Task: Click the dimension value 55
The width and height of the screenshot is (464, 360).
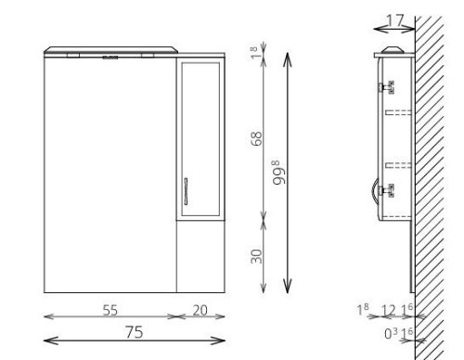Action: pos(110,310)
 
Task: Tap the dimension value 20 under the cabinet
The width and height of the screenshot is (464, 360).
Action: pos(200,310)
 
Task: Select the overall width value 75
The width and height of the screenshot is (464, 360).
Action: pos(135,332)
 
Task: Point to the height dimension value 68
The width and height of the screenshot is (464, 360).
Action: pos(256,138)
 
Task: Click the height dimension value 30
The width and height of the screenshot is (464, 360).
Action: pos(256,256)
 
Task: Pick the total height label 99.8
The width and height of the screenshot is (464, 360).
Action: pos(279,173)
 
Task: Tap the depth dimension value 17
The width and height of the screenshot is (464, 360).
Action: pos(395,20)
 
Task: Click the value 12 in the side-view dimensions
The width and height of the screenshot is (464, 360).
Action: pos(388,310)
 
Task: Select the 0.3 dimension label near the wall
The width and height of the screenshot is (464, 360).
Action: pos(391,333)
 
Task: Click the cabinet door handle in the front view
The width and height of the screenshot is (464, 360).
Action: pos(186,191)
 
